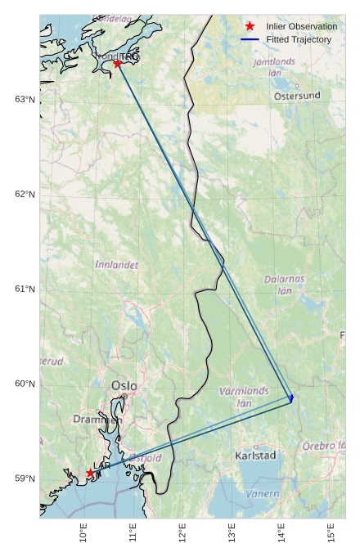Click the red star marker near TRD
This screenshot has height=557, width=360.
point(118,63)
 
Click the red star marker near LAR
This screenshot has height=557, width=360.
point(90,473)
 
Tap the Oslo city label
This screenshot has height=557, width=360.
point(124,386)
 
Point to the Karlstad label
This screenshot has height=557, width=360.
point(255,455)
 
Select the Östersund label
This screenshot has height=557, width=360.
point(297,96)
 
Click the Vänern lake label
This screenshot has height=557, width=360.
point(263,493)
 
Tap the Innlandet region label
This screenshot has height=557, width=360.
point(117,265)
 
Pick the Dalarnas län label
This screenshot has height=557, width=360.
point(285,284)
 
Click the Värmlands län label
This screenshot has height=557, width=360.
point(244,397)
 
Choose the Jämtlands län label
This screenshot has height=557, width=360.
point(275,66)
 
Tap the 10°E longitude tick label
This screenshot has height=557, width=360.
point(84,535)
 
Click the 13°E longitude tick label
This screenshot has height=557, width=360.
point(232,535)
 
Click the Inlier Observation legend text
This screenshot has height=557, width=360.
point(301,26)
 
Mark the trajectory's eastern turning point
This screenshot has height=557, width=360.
point(292,398)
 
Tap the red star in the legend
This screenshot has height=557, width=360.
point(250,26)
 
